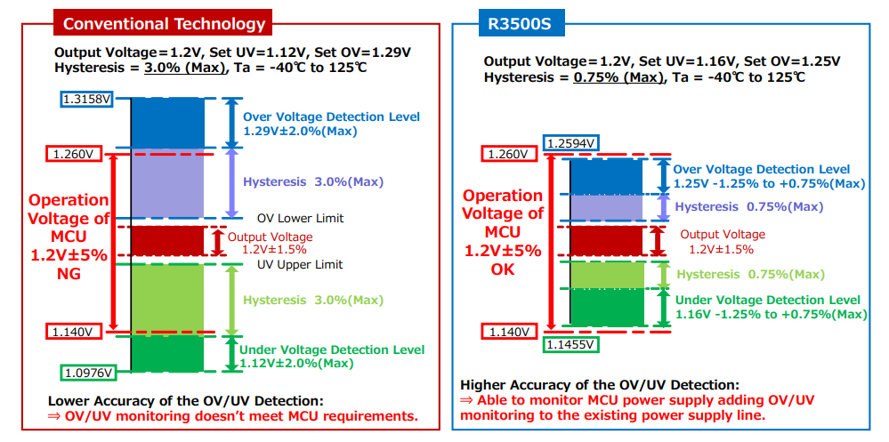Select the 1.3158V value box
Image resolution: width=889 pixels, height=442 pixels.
point(87,99)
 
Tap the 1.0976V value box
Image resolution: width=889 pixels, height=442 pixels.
point(87,372)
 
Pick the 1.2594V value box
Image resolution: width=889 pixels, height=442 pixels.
point(570,143)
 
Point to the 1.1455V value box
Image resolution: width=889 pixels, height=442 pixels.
point(570,343)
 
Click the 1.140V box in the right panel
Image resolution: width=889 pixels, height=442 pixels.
point(511,332)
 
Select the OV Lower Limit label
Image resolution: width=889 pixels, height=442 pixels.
point(300,218)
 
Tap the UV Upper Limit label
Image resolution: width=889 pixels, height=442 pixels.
point(300,264)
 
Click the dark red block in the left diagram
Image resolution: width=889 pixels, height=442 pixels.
point(167,240)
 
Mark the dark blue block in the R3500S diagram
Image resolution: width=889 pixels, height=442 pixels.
point(605,176)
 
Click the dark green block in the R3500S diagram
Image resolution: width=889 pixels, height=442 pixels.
point(605,307)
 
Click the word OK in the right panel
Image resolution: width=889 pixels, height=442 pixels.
point(503,269)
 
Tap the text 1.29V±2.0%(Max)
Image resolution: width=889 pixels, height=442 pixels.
point(300,132)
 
